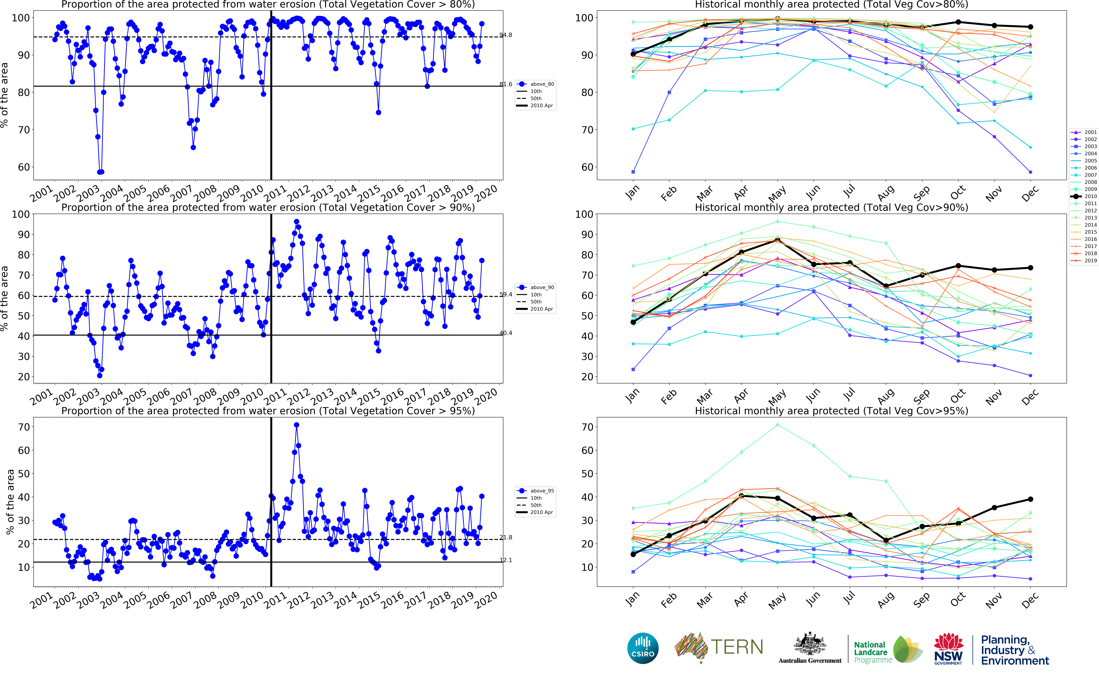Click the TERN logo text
coord(736,647)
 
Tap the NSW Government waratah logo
coord(948,648)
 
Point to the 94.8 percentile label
coord(506,35)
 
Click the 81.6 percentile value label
coord(506,84)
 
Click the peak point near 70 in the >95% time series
coord(296,425)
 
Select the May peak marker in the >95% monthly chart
coord(778,425)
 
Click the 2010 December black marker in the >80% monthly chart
coord(1031,27)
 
